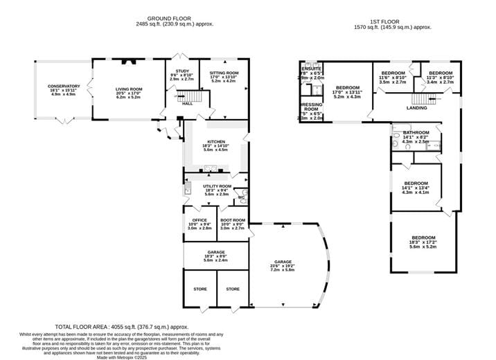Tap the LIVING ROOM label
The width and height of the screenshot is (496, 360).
pyautogui.click(x=128, y=89)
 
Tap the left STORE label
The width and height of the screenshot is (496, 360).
pyautogui.click(x=200, y=289)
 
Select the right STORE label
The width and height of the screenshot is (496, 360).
pyautogui.click(x=233, y=289)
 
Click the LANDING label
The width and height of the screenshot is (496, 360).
pyautogui.click(x=416, y=108)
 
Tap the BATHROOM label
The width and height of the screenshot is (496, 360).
pyautogui.click(x=416, y=132)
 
